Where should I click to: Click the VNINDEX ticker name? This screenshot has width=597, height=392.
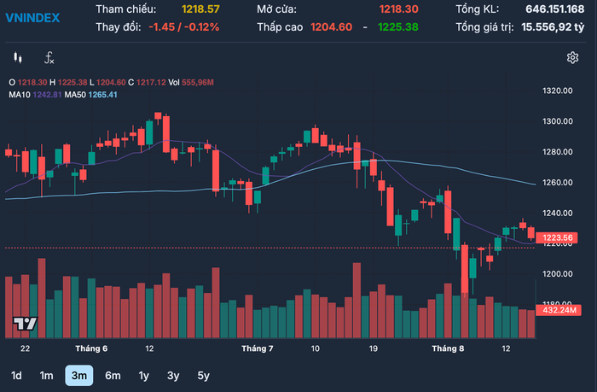[x=32, y=18]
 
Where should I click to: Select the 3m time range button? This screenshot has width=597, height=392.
[x=79, y=376]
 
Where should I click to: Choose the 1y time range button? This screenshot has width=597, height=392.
[x=143, y=376]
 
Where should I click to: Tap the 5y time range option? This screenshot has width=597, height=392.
[x=203, y=376]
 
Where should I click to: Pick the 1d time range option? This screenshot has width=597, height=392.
[x=16, y=376]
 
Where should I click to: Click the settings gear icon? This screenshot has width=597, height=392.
[x=572, y=58]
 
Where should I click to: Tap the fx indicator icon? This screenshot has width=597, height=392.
[x=49, y=58]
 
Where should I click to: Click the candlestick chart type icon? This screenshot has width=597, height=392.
[x=18, y=58]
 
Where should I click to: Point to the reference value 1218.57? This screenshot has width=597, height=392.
[x=200, y=9]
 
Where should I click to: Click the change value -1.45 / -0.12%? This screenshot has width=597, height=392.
[x=184, y=27]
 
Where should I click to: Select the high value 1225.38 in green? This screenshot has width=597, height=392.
[x=398, y=27]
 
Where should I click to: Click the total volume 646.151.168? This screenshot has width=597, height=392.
[x=554, y=9]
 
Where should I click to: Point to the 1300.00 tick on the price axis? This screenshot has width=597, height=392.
[x=558, y=121]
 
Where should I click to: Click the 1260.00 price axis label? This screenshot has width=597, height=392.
[x=558, y=182]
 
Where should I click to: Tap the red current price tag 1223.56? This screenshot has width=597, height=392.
[x=557, y=238]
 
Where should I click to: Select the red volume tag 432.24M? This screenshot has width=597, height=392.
[x=559, y=310]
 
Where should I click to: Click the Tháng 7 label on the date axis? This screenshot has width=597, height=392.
[x=258, y=348]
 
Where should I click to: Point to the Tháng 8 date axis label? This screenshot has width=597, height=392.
[x=448, y=348]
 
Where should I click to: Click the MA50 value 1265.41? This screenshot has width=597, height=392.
[x=103, y=95]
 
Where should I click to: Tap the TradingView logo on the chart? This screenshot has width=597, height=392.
[x=25, y=324]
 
